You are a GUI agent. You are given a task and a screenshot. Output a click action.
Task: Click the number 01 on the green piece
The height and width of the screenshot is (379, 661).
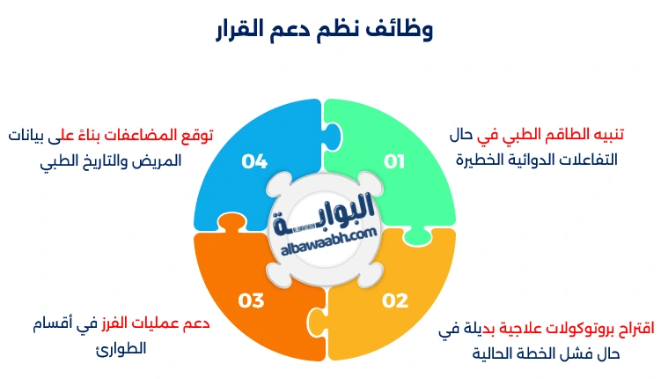394,161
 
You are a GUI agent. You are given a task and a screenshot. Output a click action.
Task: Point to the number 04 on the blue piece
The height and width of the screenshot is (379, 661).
254,161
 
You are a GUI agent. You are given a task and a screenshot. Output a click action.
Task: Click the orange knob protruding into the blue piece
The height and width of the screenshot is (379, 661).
231,221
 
